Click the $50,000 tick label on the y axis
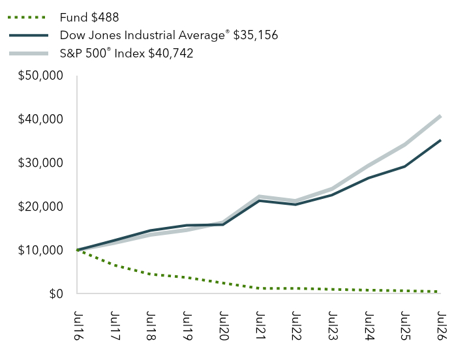click(x=40, y=76)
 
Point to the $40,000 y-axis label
click(x=40, y=119)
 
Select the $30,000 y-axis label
click(x=40, y=163)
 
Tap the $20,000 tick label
click(x=40, y=207)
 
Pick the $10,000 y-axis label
click(x=40, y=250)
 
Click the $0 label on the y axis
click(x=56, y=294)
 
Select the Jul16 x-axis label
click(x=78, y=325)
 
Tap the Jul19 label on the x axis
click(x=187, y=325)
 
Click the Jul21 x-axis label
click(x=260, y=325)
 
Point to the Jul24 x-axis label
click(x=369, y=325)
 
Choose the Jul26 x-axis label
click(x=442, y=325)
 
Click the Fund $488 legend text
click(x=89, y=18)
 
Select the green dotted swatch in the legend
click(x=27, y=18)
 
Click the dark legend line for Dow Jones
click(x=29, y=35)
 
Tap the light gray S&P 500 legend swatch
click(x=29, y=53)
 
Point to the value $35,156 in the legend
click(x=256, y=35)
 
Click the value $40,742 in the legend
click(x=171, y=53)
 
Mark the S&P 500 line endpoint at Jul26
click(x=440, y=116)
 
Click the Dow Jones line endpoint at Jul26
click(x=440, y=140)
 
